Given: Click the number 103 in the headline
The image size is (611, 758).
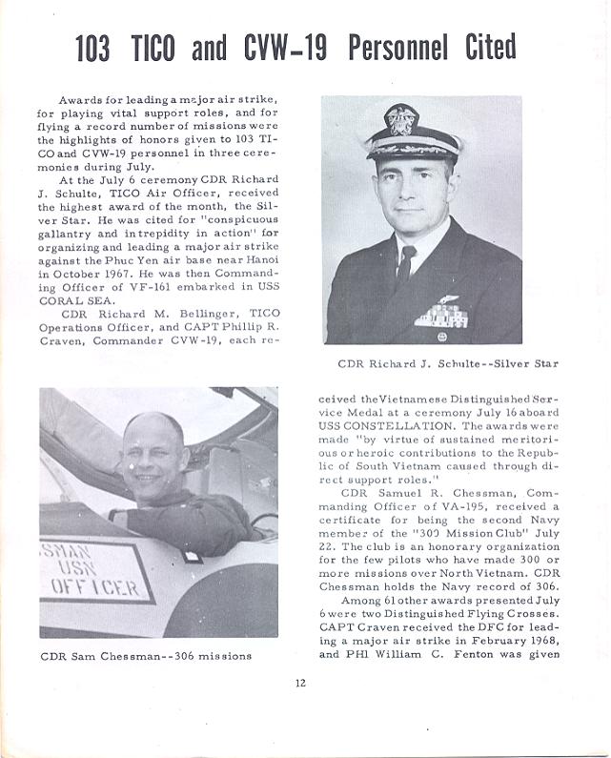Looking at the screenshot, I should pyautogui.click(x=92, y=49).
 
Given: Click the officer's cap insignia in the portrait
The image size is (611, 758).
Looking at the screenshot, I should pyautogui.click(x=400, y=120).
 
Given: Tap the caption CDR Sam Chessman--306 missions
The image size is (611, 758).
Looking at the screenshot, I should pyautogui.click(x=146, y=656).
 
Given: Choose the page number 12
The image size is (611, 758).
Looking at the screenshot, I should pyautogui.click(x=301, y=707).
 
